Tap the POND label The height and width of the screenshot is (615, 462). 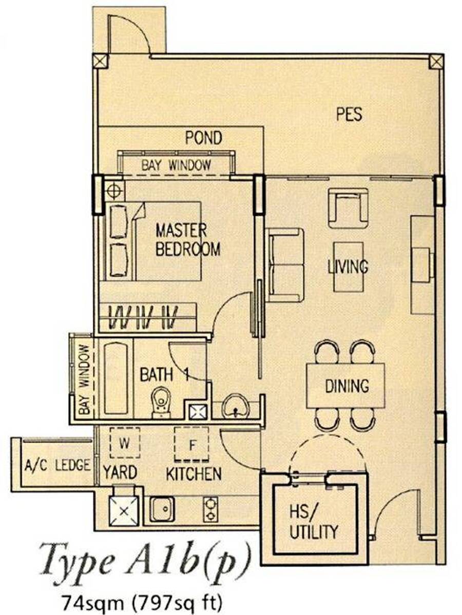click(204, 138)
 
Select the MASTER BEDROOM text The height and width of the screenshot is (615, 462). click(188, 240)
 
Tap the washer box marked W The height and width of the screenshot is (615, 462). click(125, 443)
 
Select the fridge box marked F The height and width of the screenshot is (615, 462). click(192, 444)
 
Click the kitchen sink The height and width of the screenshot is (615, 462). click(162, 509)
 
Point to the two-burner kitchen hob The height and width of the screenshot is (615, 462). click(211, 509)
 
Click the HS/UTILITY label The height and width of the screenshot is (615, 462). click(313, 522)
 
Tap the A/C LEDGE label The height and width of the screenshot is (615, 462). click(57, 466)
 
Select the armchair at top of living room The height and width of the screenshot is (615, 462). click(348, 208)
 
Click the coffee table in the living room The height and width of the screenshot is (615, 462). click(348, 267)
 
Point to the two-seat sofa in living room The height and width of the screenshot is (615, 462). click(285, 265)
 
